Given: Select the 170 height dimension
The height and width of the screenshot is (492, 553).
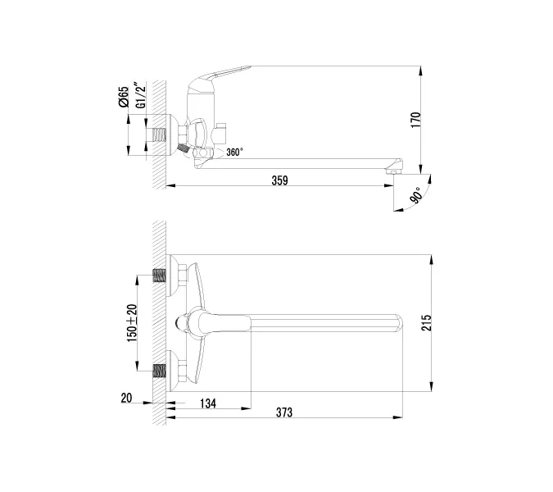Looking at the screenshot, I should (x=415, y=119).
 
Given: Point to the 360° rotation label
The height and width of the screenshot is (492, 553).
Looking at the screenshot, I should (x=235, y=152).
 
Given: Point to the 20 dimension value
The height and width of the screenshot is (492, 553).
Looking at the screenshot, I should (x=125, y=399).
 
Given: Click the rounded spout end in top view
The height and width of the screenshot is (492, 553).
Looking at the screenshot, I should (x=399, y=322).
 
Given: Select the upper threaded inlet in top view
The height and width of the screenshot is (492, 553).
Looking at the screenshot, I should (x=161, y=276).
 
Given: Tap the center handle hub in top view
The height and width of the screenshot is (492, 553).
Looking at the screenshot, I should (x=188, y=322).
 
